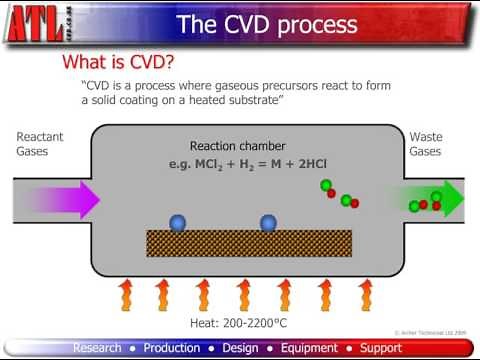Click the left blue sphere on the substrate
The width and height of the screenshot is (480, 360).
(x=178, y=223)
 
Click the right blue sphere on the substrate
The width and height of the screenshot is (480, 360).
(x=268, y=223)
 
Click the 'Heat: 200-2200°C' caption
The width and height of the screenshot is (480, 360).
(x=239, y=324)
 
